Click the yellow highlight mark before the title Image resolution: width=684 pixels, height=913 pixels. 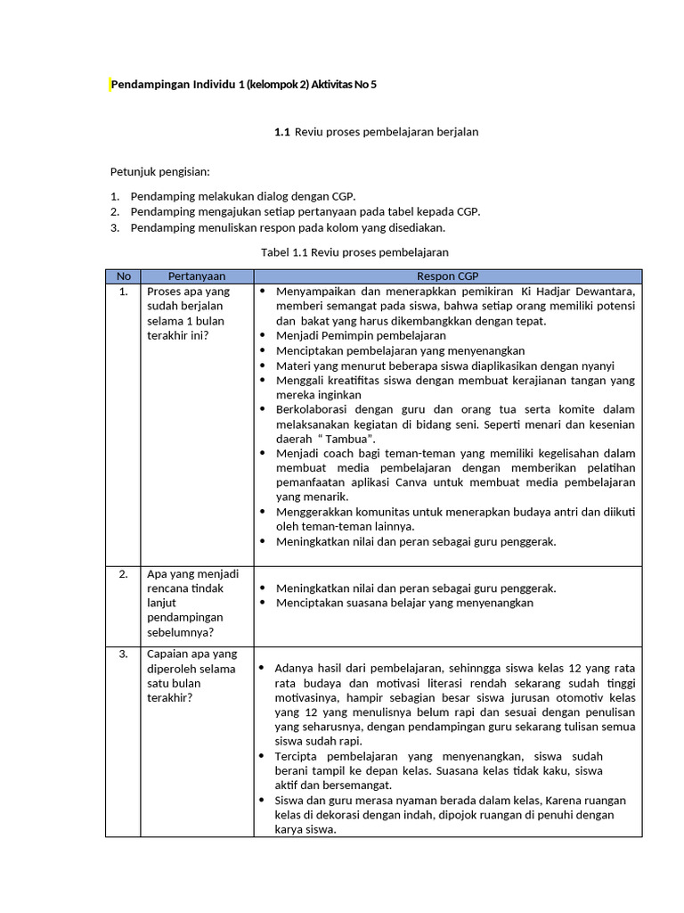click(x=110, y=85)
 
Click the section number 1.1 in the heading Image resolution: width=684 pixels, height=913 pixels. click(x=282, y=132)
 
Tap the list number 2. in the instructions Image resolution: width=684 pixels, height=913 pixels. click(x=115, y=212)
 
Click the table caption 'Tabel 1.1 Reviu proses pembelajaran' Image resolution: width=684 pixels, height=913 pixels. click(x=354, y=252)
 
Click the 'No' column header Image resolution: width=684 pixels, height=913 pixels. click(x=123, y=276)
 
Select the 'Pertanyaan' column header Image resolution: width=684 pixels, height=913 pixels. click(x=197, y=276)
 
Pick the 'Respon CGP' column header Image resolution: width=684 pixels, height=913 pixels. click(x=447, y=276)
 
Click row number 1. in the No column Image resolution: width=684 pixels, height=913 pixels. click(x=123, y=292)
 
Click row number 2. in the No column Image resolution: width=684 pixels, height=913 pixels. click(x=123, y=574)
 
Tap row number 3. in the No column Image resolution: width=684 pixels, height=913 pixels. click(x=123, y=654)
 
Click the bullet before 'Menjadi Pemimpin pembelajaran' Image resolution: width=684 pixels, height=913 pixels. click(x=263, y=336)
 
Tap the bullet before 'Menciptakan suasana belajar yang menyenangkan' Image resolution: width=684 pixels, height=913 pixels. click(x=263, y=603)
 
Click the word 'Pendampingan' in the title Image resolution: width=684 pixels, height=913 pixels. click(x=148, y=85)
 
